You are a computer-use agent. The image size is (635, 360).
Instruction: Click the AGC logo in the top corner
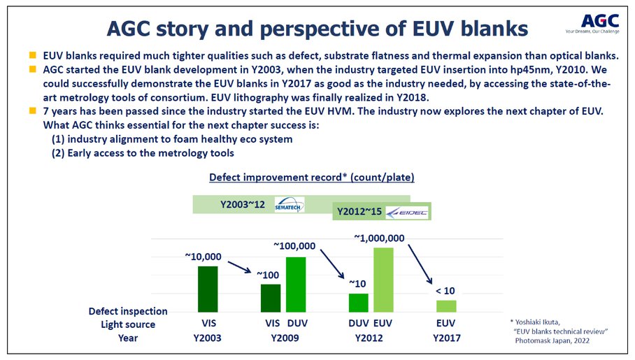point(592,24)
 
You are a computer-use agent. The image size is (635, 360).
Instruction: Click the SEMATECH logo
point(289,205)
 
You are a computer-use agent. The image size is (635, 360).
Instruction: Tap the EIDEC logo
point(406,213)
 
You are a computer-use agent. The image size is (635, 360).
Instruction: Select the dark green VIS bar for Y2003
point(208,289)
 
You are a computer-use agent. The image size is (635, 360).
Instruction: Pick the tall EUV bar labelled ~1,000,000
point(383,280)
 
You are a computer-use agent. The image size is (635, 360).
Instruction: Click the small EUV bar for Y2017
point(446,306)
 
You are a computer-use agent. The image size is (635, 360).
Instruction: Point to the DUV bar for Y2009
point(296,285)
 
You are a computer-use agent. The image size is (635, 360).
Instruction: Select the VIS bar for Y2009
point(271,298)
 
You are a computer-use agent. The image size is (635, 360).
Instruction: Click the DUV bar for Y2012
point(358,303)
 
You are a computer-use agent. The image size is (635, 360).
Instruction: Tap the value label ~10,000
point(204,257)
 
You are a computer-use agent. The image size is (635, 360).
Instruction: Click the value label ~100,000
point(294,246)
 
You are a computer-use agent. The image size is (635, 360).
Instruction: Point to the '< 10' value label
point(445,291)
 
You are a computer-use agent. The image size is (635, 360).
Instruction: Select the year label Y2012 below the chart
point(369,338)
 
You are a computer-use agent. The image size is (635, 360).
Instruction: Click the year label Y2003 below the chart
point(207,338)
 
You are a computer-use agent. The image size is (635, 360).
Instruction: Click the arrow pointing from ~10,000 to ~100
point(239,267)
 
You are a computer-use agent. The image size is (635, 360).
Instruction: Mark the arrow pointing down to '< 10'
point(420,264)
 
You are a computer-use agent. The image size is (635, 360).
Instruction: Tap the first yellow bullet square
point(33,55)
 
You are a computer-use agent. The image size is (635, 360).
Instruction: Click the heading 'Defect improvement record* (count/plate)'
point(312,178)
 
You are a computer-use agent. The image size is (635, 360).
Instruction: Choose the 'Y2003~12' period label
point(243,204)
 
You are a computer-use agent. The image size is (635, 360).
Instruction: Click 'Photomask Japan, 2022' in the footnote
point(552,340)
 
